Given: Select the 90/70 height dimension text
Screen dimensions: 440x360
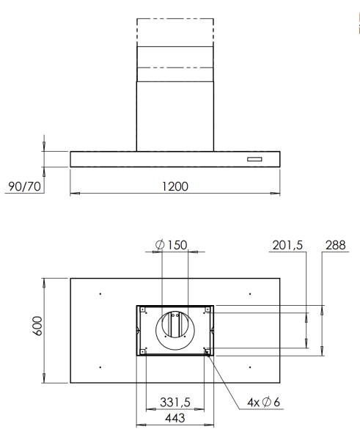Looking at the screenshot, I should (24, 186).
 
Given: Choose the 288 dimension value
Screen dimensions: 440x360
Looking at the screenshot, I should (334, 244).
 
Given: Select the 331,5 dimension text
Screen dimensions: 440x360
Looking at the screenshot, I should (176, 402).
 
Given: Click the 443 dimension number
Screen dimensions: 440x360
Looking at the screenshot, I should (175, 417).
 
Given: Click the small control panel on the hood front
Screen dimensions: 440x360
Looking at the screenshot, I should (254, 159).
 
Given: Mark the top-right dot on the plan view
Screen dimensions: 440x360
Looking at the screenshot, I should (250, 294).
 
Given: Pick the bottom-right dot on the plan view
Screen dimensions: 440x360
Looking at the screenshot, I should (250, 366).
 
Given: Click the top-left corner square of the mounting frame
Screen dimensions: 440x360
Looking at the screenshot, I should (142, 310).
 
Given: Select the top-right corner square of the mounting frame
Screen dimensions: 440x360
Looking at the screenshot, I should (209, 310).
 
